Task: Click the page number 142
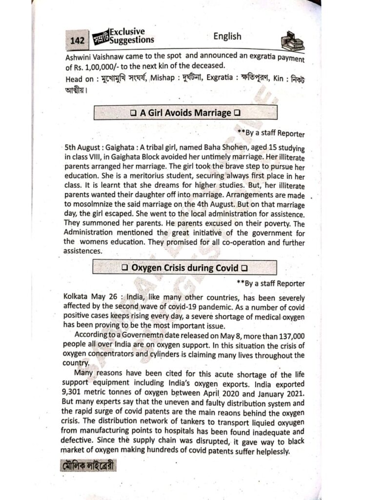click(77, 41)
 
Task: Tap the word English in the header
click(227, 36)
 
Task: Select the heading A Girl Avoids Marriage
click(185, 113)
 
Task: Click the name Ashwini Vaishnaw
click(93, 56)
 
